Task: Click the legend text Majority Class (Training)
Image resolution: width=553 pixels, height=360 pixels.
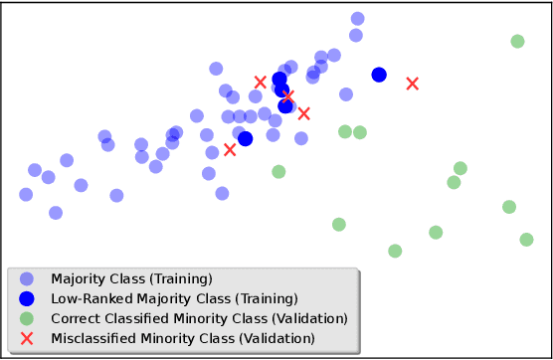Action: point(131,279)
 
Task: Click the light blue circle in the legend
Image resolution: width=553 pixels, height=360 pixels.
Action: point(27,279)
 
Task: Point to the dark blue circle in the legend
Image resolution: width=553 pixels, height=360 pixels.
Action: point(27,299)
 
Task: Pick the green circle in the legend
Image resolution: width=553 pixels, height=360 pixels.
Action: point(27,319)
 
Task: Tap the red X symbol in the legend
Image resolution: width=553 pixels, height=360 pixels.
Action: point(27,339)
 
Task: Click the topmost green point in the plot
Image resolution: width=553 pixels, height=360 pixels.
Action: point(517,41)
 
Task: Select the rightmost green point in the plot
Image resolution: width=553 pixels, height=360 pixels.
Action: point(526,239)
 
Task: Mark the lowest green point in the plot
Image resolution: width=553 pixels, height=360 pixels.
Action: point(395,251)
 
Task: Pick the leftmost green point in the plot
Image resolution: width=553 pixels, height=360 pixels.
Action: point(278,171)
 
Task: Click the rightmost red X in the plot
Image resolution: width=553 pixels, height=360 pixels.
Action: point(412,83)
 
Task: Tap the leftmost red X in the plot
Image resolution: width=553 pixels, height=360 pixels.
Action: point(230,149)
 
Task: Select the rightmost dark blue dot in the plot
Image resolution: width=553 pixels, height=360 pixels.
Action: point(379,75)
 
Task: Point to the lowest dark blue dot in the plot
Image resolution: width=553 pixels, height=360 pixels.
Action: point(245,138)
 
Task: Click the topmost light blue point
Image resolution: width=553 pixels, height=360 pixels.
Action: point(357,19)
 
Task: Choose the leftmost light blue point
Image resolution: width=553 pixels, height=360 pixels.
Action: point(26,194)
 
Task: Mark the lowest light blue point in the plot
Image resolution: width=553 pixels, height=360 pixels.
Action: point(56,212)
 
